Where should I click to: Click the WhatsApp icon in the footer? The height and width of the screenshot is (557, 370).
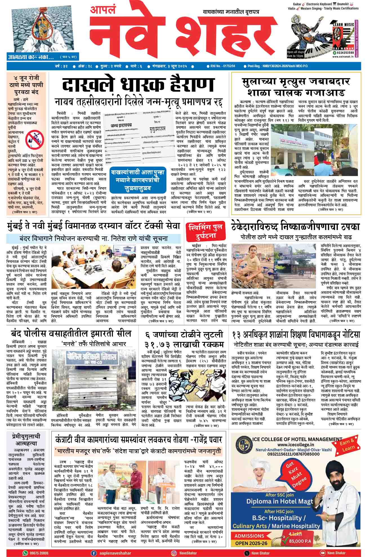tap(26, 553)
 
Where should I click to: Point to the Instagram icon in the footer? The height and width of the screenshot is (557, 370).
tap(174, 553)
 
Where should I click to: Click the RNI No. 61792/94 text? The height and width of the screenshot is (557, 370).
tap(222, 66)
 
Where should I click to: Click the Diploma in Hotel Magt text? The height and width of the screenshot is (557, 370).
tap(279, 501)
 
